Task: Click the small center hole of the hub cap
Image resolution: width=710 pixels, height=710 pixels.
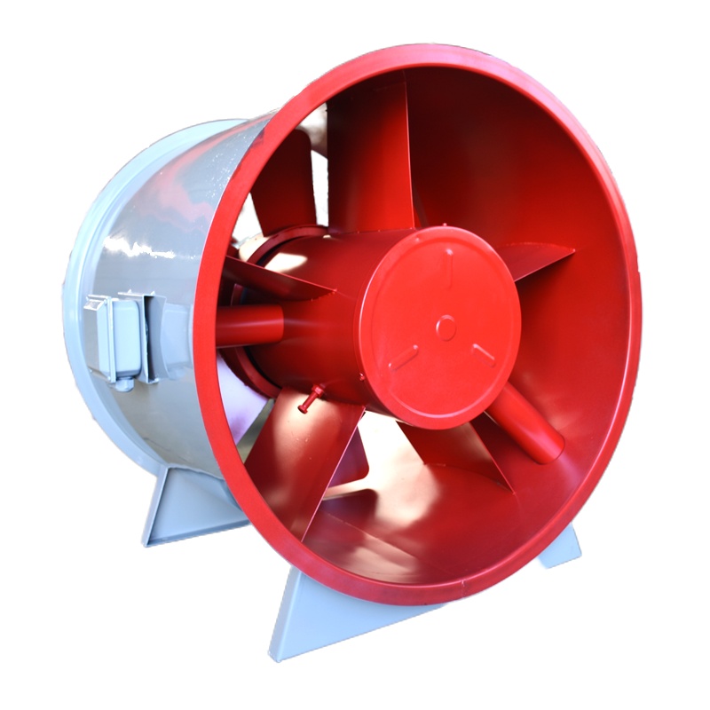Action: tap(446, 324)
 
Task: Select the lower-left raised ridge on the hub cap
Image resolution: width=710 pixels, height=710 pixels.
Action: tap(405, 357)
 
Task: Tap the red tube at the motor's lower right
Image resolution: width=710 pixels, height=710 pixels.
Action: tap(527, 422)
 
